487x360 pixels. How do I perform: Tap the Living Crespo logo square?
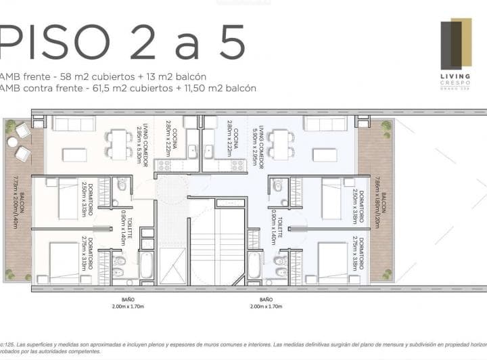pyautogui.click(x=455, y=45)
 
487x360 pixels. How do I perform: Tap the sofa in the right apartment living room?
pyautogui.click(x=325, y=124)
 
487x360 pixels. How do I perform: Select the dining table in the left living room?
pyautogui.click(x=119, y=143)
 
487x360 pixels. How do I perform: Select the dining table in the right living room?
pyautogui.click(x=281, y=143)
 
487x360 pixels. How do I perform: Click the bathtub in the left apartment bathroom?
pyautogui.click(x=147, y=265)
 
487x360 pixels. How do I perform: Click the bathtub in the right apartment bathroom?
pyautogui.click(x=254, y=265)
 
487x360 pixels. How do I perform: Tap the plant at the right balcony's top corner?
pyautogui.click(x=386, y=126)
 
